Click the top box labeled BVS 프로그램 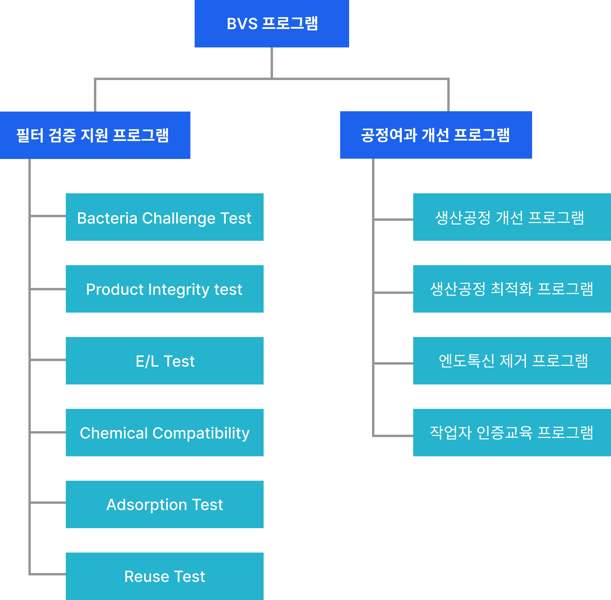(x=272, y=24)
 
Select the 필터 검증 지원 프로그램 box (x=95, y=135)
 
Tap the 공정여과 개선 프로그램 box (x=436, y=135)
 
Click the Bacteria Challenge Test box (x=164, y=217)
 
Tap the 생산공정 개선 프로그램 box (x=512, y=217)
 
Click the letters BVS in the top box (x=242, y=24)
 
